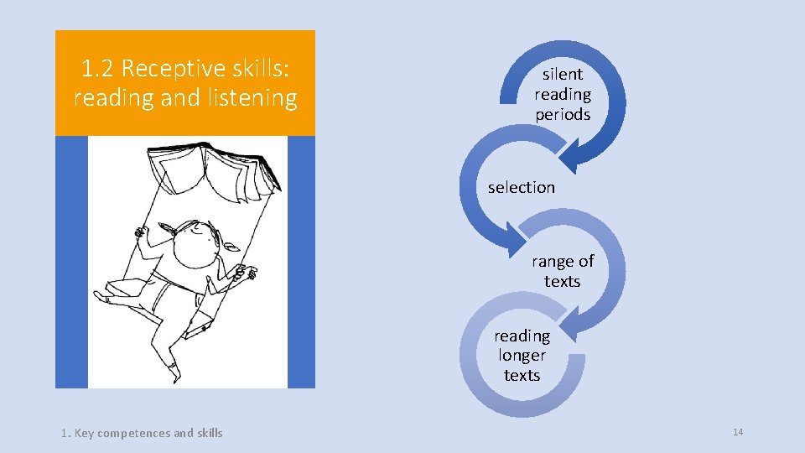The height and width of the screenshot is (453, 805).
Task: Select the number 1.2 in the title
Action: (x=99, y=68)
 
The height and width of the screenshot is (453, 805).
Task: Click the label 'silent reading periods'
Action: (x=563, y=94)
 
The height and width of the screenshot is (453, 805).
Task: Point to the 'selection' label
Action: (x=521, y=187)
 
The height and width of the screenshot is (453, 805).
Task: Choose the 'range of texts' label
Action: (x=562, y=271)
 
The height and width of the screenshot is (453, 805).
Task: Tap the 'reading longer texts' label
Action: (x=522, y=355)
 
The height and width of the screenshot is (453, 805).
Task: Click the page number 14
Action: (x=738, y=432)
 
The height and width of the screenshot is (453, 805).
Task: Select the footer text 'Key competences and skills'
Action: (x=148, y=433)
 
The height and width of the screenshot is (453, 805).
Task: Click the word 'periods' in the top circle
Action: (x=563, y=114)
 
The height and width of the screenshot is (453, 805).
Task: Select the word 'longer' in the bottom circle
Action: (x=522, y=355)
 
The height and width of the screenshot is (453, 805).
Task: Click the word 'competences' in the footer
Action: (x=133, y=433)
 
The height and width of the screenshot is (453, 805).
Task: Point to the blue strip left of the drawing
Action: (x=71, y=261)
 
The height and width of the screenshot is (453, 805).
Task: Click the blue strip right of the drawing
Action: (x=301, y=261)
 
